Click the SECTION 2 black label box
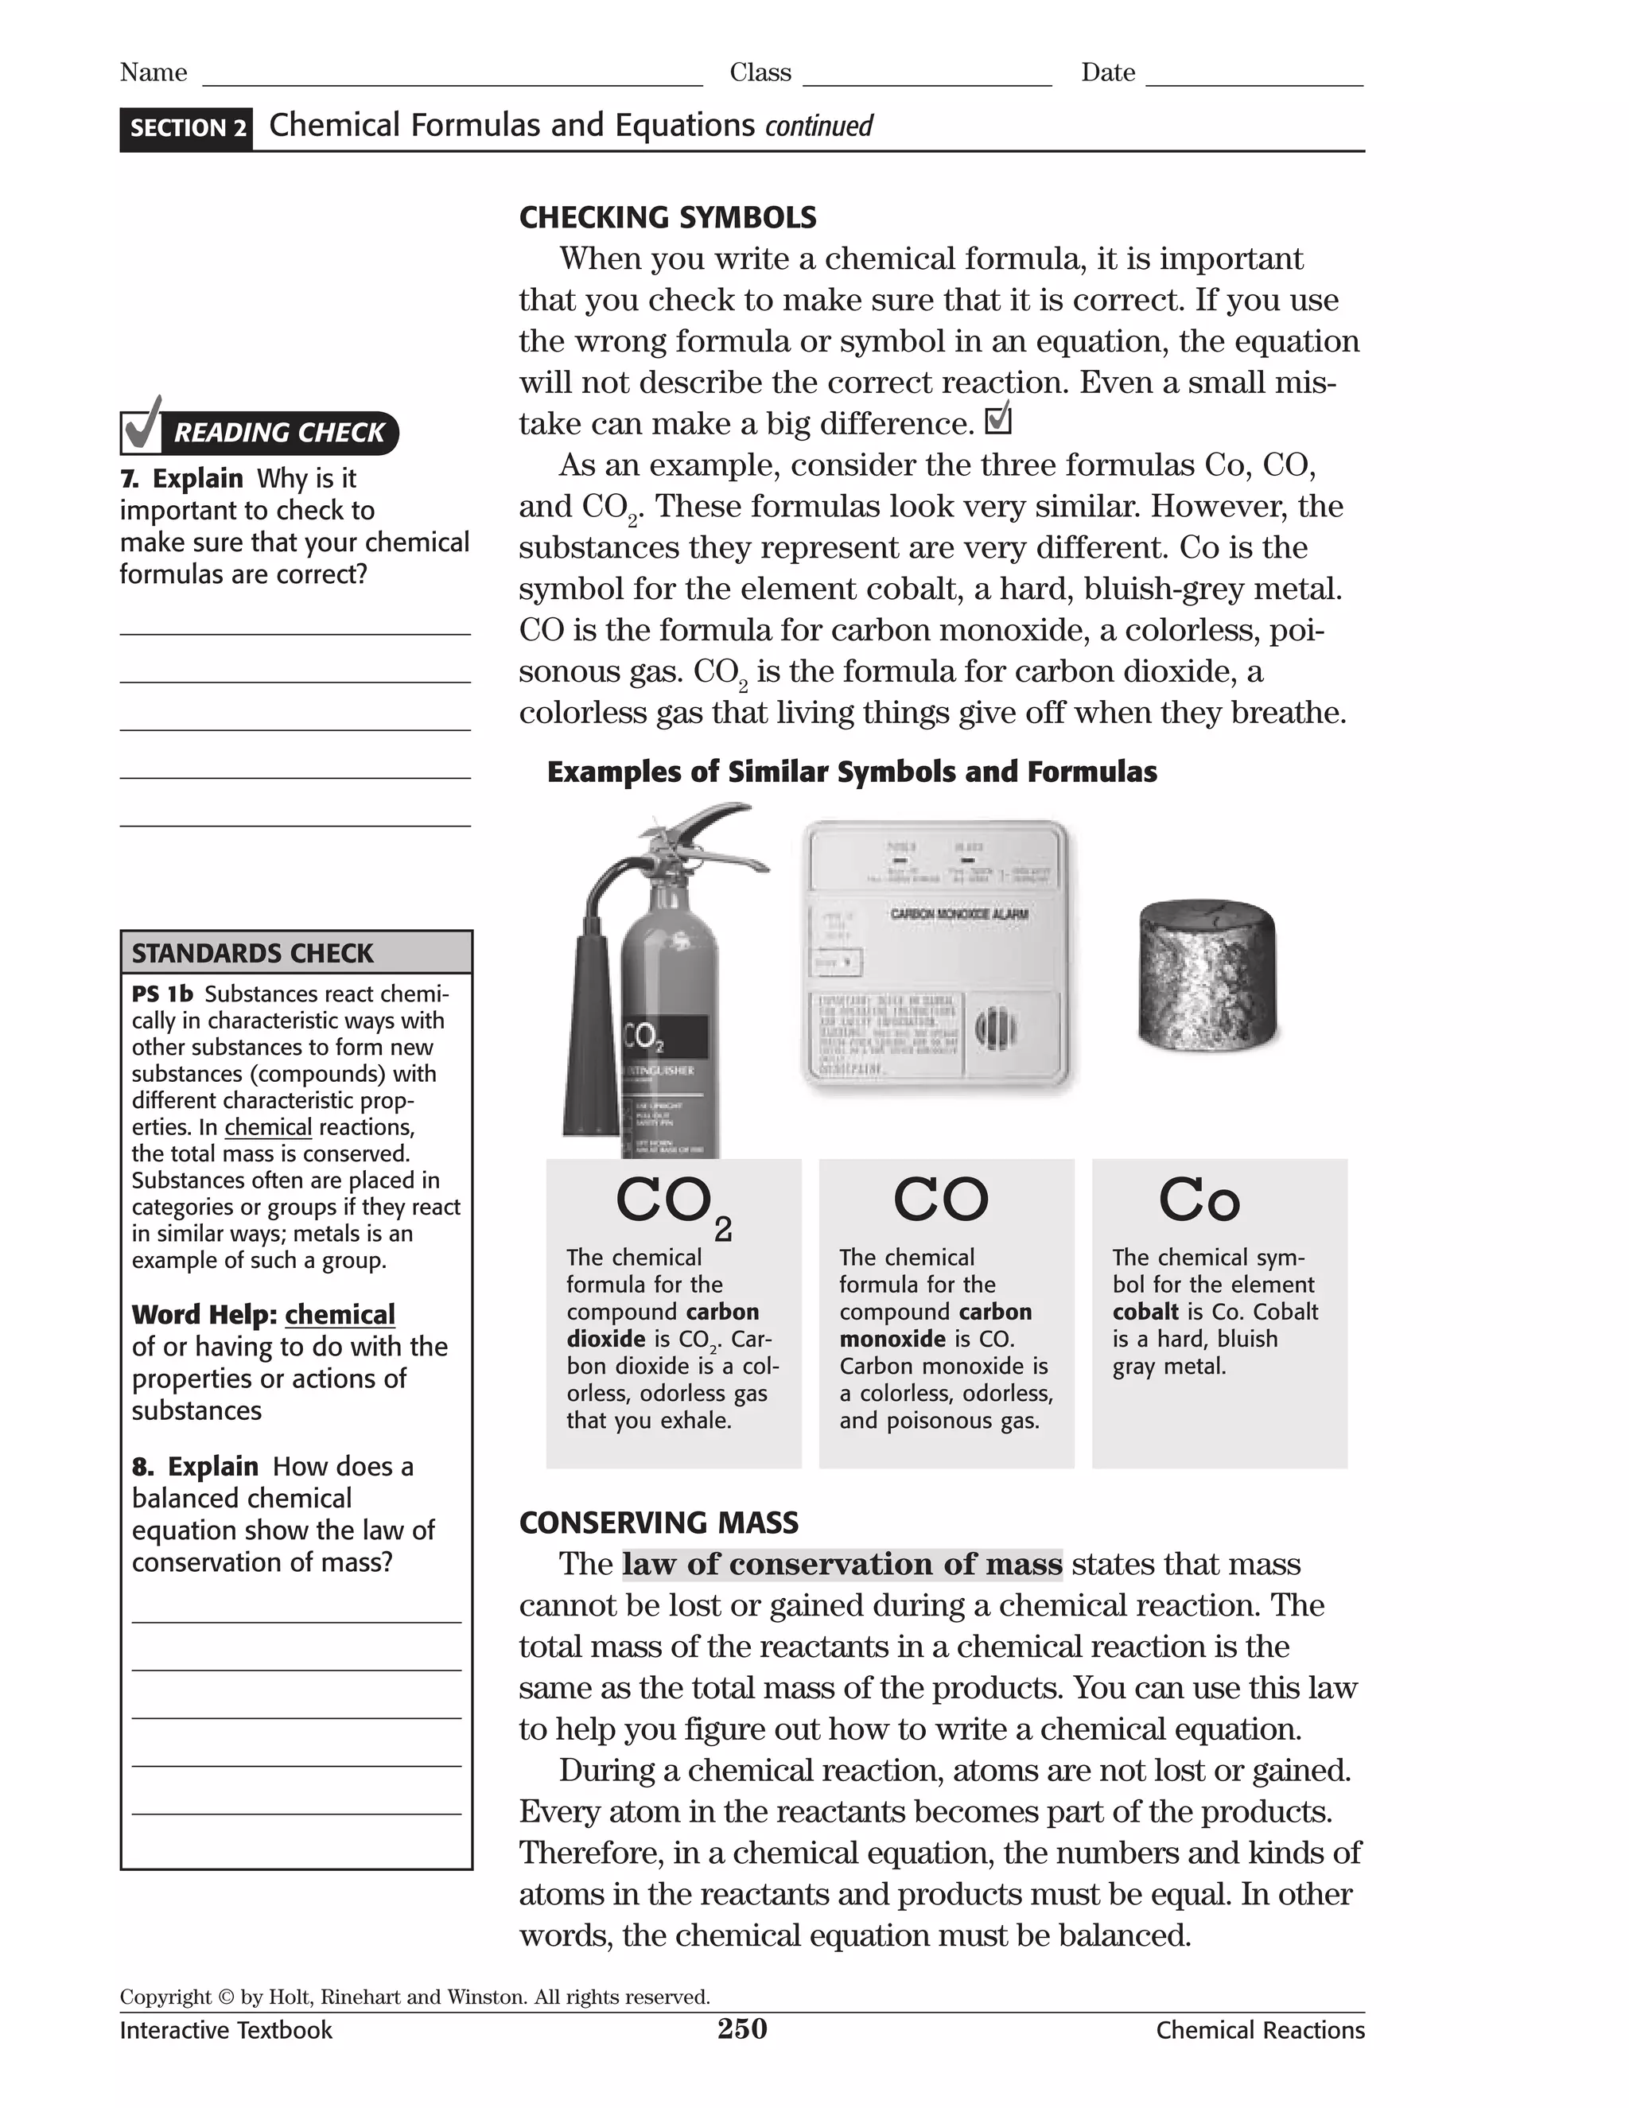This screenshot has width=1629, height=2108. click(x=186, y=128)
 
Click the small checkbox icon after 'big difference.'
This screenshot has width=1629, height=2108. click(x=998, y=421)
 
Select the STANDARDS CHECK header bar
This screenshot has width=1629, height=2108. click(x=296, y=953)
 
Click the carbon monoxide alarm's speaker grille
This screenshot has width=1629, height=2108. click(x=996, y=1028)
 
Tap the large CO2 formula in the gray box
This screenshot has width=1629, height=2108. click(x=674, y=1204)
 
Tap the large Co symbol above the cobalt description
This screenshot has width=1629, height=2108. click(x=1199, y=1200)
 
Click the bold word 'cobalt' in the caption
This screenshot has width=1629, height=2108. click(x=1145, y=1312)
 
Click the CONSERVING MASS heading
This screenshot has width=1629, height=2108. click(x=658, y=1523)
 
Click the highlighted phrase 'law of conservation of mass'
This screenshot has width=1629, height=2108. click(x=842, y=1565)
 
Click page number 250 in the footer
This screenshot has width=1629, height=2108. click(x=741, y=2029)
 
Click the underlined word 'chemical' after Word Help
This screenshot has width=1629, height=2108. click(x=340, y=1315)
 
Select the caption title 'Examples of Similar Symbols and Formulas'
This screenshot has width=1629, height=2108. click(x=851, y=772)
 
